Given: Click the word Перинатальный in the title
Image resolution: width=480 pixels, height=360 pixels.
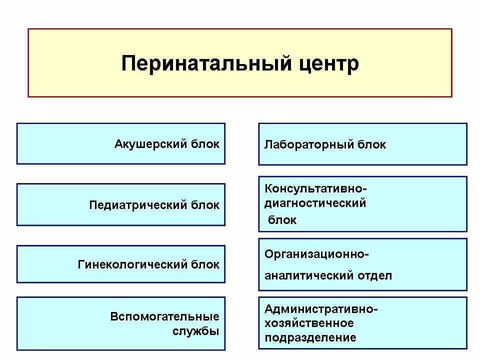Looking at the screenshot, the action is pyautogui.click(x=206, y=63).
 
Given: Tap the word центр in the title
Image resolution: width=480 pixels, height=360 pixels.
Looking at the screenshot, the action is pyautogui.click(x=329, y=65).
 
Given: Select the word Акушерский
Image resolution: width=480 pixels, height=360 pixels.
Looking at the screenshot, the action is pyautogui.click(x=150, y=144).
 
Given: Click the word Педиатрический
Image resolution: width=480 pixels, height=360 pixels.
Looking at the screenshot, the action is pyautogui.click(x=138, y=205).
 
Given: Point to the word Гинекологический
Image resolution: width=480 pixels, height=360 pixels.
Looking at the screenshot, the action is pyautogui.click(x=132, y=264).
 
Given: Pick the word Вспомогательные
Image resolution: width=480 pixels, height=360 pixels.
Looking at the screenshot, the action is pyautogui.click(x=164, y=316).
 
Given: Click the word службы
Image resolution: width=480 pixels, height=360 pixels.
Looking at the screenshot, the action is pyautogui.click(x=195, y=331).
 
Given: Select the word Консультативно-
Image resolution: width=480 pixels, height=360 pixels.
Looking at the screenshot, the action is pyautogui.click(x=315, y=188).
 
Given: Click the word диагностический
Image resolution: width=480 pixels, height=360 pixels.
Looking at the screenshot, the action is pyautogui.click(x=315, y=203).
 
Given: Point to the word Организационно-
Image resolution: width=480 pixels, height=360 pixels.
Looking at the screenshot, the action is pyautogui.click(x=316, y=254).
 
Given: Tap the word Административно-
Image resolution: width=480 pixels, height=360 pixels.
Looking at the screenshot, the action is pyautogui.click(x=321, y=309).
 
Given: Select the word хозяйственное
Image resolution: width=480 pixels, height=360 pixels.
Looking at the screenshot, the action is pyautogui.click(x=309, y=323).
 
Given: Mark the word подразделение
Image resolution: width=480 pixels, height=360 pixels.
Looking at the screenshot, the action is pyautogui.click(x=310, y=338).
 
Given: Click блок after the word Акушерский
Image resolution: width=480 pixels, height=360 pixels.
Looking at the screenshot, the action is pyautogui.click(x=205, y=143).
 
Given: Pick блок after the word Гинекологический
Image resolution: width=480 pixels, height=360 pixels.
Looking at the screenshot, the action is pyautogui.click(x=205, y=264).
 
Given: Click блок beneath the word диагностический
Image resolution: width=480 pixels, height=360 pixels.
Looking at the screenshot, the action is pyautogui.click(x=282, y=220).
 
